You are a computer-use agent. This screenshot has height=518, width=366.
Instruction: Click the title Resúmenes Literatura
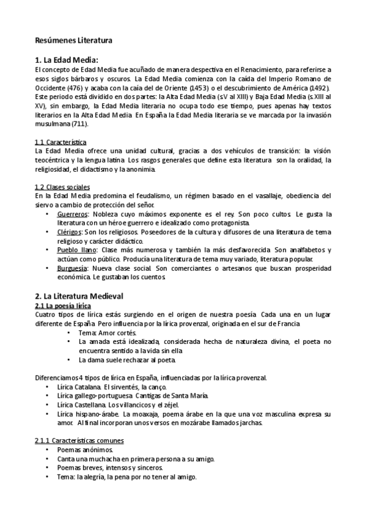point(73,41)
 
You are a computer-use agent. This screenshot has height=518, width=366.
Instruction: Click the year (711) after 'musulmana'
point(79,123)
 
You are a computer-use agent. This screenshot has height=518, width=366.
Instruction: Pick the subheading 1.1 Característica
point(60,142)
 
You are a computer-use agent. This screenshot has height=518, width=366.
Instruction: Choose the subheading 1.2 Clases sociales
point(62,186)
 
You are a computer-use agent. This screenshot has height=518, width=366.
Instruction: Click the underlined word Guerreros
point(71,214)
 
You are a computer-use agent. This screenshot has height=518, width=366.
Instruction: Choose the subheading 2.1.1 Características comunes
point(79,440)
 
